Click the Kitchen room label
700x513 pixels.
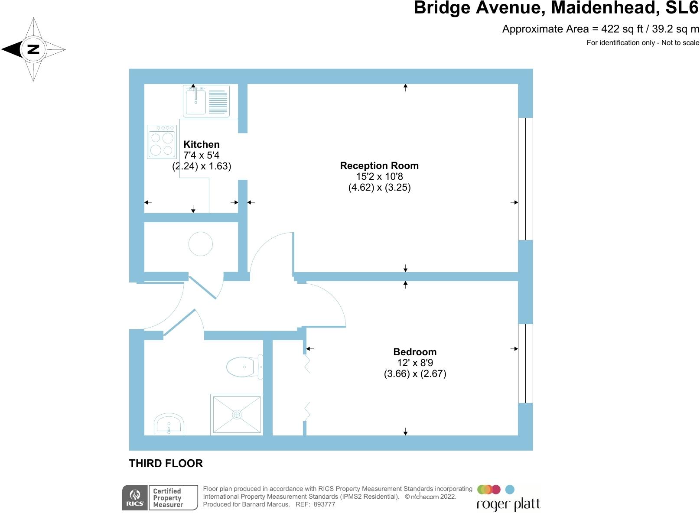[x=202, y=144]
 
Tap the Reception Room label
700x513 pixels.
[x=379, y=166]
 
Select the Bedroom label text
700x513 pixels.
[x=415, y=352]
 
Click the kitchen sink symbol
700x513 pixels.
[x=196, y=101]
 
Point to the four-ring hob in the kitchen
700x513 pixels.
[x=162, y=142]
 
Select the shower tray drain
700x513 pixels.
[x=237, y=415]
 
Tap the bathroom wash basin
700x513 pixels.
[x=169, y=425]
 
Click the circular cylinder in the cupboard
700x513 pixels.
[x=201, y=244]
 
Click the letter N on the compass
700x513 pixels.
[x=33, y=49]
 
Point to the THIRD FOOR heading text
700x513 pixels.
[x=166, y=463]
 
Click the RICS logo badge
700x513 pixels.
[x=135, y=498]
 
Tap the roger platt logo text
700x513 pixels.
[x=508, y=505]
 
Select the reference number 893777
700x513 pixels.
[x=324, y=504]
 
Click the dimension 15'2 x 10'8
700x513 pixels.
[x=379, y=176]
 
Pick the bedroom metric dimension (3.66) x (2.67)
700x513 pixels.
[x=415, y=373]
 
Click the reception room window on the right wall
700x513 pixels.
[x=525, y=179]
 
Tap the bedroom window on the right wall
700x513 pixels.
[x=525, y=364]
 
